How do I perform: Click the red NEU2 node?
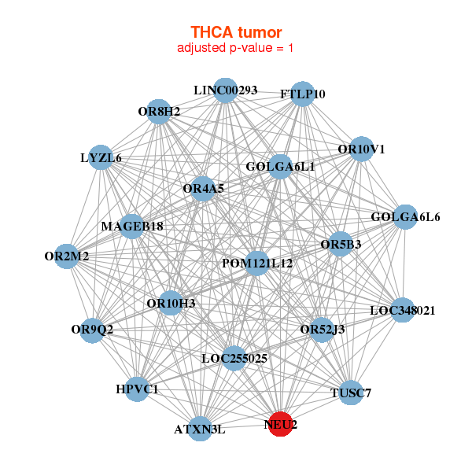coord(281,424)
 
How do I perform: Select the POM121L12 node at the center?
coord(256,263)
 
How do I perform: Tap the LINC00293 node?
coord(226,90)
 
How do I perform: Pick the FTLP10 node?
coord(303,94)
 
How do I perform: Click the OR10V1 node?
coord(360,149)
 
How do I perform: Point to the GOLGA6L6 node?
coord(404,217)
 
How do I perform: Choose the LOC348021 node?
coord(402,311)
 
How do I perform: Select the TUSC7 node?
coord(350,392)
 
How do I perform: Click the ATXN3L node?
coord(201,429)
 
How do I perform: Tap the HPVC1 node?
coord(137,389)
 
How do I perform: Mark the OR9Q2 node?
coord(93,330)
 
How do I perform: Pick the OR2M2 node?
coord(67,256)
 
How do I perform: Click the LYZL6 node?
coord(101,158)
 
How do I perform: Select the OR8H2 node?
coord(159,112)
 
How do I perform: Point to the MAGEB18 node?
coord(132,227)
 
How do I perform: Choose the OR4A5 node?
coord(203,189)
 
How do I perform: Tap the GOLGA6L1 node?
coord(280,167)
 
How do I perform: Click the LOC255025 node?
coord(234,359)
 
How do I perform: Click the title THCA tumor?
coord(236,32)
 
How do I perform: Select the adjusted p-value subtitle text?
coord(236,48)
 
